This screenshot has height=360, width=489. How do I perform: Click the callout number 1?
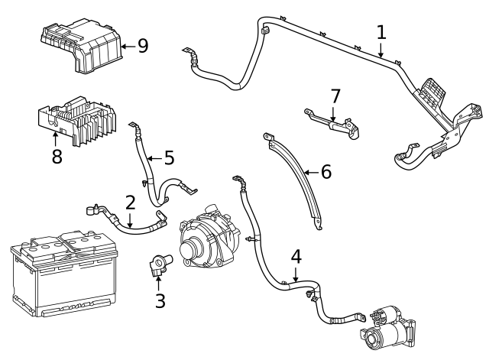coord(381,33)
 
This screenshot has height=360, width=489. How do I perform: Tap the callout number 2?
coord(130,203)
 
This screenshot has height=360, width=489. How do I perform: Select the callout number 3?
coord(160,300)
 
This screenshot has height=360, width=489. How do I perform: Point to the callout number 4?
coord(296,256)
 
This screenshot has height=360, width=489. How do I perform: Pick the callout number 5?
coord(168,158)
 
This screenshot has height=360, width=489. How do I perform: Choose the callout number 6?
coord(325,172)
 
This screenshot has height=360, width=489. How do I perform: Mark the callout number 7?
coord(334,97)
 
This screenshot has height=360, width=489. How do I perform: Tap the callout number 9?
coord(142,46)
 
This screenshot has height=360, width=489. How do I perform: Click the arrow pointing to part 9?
coord(126,46)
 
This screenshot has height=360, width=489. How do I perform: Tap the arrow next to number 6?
coord(309,173)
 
